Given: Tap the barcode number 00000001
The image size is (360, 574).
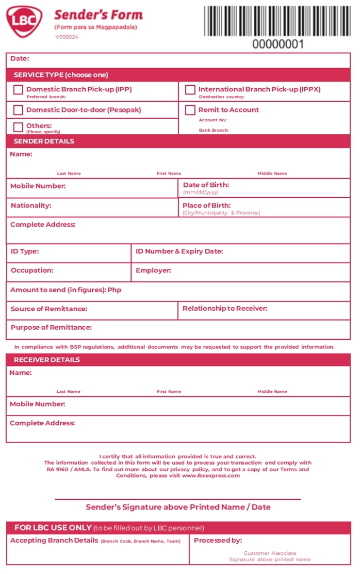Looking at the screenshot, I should click(277, 44).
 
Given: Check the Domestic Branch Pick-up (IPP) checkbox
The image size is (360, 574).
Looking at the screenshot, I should click(18, 90).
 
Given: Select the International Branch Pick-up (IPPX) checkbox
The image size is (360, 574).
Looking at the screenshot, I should click(190, 90).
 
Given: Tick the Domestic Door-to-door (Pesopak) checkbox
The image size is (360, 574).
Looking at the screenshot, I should click(18, 110).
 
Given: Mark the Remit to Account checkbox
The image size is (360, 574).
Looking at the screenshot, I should click(190, 110).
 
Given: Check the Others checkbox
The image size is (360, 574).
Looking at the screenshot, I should click(18, 127).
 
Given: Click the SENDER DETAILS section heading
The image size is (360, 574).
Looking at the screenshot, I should click(44, 141).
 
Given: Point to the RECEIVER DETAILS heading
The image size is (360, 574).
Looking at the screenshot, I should click(46, 360).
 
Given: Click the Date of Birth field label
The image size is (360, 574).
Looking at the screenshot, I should click(206, 185).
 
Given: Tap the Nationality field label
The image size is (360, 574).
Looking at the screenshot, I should click(31, 205).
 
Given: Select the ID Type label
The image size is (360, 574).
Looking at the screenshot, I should click(25, 251).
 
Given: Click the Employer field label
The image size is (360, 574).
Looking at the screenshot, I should click(153, 270).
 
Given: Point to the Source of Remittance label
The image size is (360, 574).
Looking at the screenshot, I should click(49, 309).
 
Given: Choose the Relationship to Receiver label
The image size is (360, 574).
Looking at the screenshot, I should click(225, 309).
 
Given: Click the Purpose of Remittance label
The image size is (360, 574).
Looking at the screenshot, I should click(51, 327).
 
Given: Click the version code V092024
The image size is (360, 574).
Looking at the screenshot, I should click(67, 37).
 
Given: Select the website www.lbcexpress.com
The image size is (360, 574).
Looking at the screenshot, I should click(211, 475).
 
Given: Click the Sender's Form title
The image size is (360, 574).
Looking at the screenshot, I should click(98, 15).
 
